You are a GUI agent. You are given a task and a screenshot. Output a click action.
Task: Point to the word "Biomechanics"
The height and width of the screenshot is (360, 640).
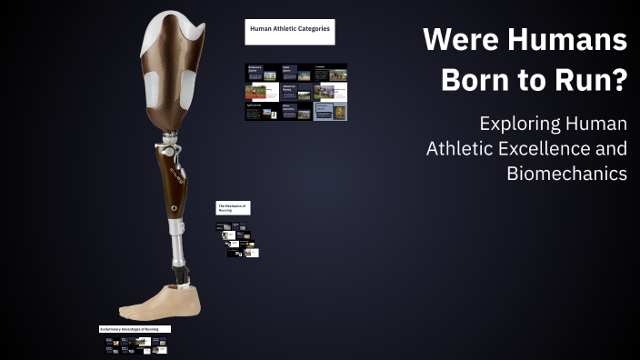[x=566, y=173]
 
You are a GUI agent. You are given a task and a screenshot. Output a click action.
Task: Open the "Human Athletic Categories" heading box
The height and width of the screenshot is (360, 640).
[x=290, y=31]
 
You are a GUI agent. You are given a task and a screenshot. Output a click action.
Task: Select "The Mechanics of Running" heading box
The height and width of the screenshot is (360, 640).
[x=233, y=208]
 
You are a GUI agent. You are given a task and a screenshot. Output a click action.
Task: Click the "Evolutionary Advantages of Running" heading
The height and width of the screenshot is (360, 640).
[x=135, y=328]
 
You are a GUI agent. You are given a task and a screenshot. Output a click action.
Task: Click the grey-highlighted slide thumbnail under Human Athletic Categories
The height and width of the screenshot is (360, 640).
[x=330, y=111]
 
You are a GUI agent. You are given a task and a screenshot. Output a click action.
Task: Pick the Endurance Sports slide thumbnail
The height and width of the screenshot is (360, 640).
[x=260, y=72]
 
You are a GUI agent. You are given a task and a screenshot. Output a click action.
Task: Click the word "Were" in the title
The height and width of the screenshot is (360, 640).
[x=455, y=40]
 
